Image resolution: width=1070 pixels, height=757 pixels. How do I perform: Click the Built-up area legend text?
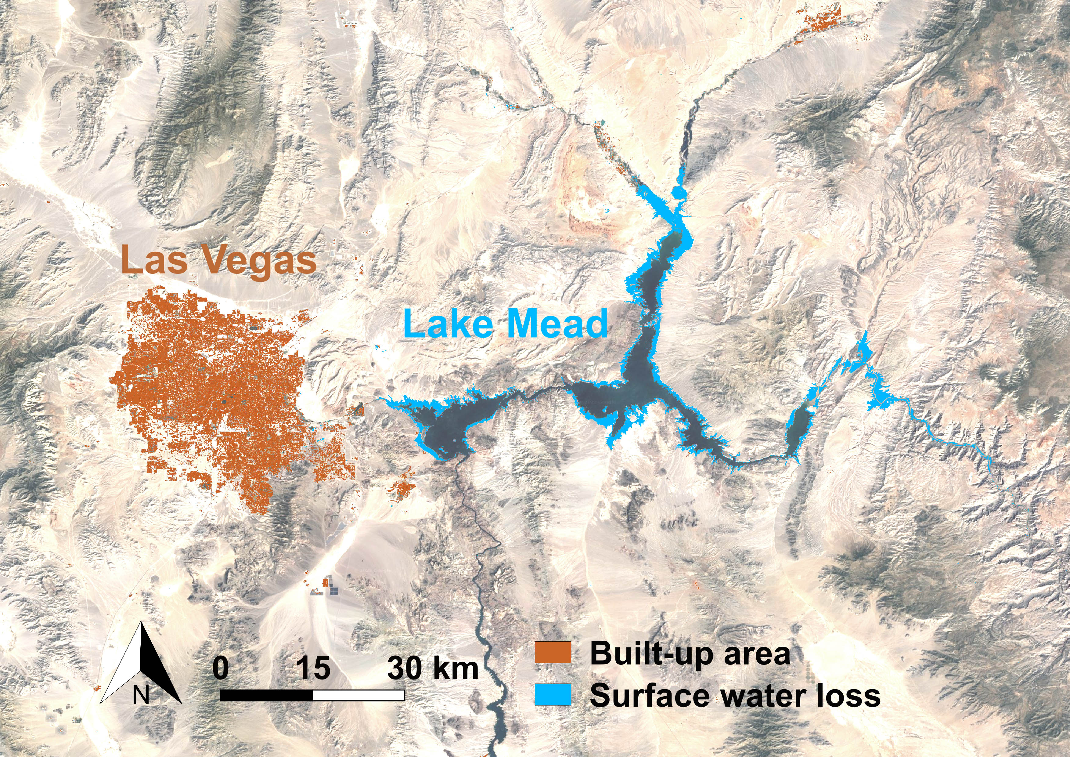690,654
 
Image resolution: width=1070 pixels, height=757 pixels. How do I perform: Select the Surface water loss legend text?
735,695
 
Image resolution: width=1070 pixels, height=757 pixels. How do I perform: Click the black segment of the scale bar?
267,695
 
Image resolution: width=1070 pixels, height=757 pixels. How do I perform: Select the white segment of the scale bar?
358,695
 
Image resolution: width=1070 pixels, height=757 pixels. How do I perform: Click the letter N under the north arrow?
141,696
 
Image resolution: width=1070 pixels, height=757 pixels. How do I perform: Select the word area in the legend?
757,654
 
